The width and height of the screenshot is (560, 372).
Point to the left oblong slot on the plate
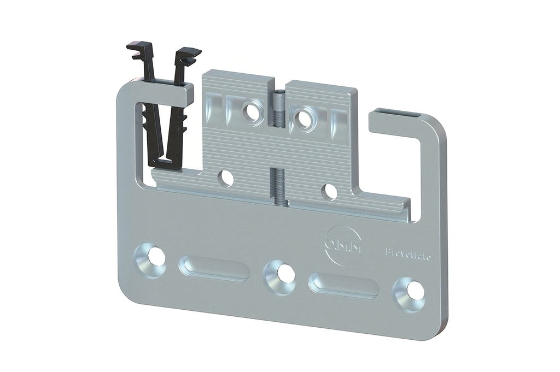214,268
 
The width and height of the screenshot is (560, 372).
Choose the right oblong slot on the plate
343,285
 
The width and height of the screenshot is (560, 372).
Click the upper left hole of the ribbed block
252,111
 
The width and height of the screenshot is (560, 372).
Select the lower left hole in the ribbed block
225,178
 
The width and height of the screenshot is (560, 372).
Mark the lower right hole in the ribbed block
329,191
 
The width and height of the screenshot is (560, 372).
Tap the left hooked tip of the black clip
138,50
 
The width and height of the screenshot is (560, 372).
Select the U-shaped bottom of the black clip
164,162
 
